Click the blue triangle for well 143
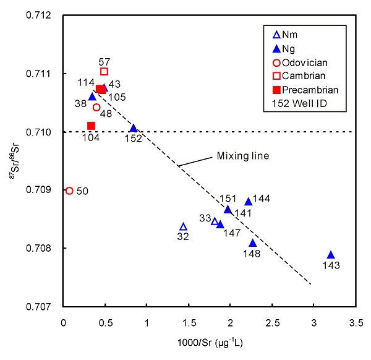pyautogui.click(x=331, y=255)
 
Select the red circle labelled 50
pyautogui.click(x=69, y=191)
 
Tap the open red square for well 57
pyautogui.click(x=104, y=72)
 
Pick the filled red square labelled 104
pyautogui.click(x=92, y=126)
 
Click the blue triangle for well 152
pyautogui.click(x=134, y=128)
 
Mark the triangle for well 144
pyautogui.click(x=249, y=201)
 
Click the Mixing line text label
pyautogui.click(x=242, y=156)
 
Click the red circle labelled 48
pyautogui.click(x=96, y=108)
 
